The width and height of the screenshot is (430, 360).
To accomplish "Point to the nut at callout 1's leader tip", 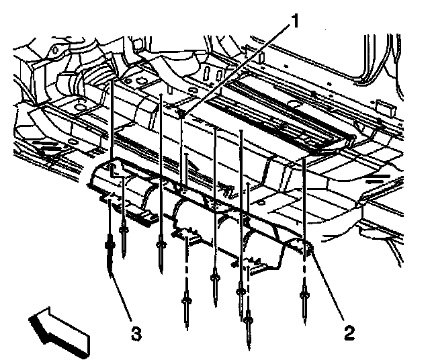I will pyautogui.click(x=183, y=114).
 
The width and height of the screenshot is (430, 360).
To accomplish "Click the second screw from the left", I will pyautogui.click(x=124, y=235).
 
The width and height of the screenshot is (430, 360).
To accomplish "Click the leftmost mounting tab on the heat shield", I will pyautogui.click(x=107, y=197).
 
